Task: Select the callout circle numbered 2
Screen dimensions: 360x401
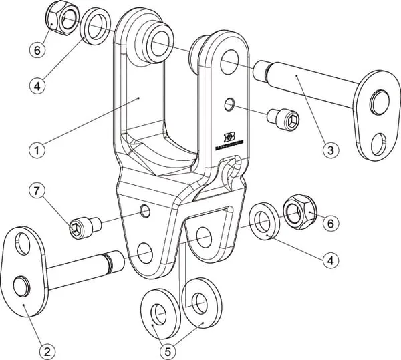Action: coord(46,348)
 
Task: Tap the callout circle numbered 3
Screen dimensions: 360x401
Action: coord(328,150)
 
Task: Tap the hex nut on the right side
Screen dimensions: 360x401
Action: coord(295,214)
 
